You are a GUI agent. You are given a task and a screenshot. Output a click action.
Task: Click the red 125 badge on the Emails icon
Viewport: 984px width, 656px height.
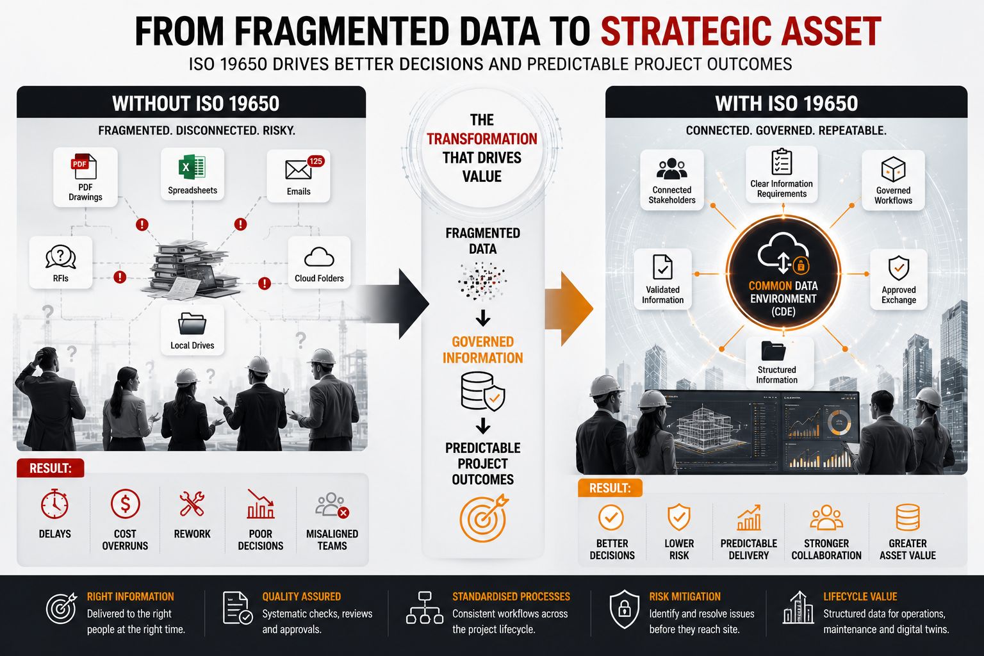pyautogui.click(x=316, y=161)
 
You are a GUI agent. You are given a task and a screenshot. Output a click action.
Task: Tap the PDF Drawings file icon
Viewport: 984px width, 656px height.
pyautogui.click(x=84, y=167)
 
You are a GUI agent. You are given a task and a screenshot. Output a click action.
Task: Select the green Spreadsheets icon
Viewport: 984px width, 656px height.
pyautogui.click(x=192, y=167)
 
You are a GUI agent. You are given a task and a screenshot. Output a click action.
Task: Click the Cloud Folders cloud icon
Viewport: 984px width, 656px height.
pyautogui.click(x=319, y=257)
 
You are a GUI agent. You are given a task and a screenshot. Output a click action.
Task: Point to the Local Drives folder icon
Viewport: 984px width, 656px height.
pyautogui.click(x=192, y=324)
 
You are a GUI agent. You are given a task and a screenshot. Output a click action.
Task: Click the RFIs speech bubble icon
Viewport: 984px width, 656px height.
pyautogui.click(x=61, y=257)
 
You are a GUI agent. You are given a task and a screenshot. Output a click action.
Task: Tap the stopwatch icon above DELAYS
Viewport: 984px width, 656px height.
pyautogui.click(x=54, y=504)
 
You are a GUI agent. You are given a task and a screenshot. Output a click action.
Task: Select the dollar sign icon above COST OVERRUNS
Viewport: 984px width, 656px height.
pyautogui.click(x=125, y=504)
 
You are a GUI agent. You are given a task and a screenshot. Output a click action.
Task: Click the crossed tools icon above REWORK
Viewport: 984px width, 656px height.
pyautogui.click(x=192, y=504)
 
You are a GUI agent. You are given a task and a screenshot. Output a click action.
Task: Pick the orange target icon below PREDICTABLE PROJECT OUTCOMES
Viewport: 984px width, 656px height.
pyautogui.click(x=483, y=518)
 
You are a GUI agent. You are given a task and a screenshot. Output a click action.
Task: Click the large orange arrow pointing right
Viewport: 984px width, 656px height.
pyautogui.click(x=569, y=309)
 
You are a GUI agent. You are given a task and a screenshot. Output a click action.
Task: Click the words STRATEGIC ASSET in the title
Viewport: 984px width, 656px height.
pyautogui.click(x=741, y=31)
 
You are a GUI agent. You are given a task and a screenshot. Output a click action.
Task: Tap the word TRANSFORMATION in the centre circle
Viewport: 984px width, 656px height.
pyautogui.click(x=482, y=139)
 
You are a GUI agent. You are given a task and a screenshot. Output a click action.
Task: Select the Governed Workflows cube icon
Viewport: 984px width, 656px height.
pyautogui.click(x=893, y=169)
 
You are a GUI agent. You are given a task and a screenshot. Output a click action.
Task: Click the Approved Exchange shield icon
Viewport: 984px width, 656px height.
pyautogui.click(x=899, y=268)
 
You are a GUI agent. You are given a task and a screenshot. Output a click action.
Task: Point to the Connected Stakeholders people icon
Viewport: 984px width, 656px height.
pyautogui.click(x=671, y=169)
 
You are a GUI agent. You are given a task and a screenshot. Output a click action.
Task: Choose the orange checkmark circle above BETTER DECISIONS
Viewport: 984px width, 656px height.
pyautogui.click(x=611, y=518)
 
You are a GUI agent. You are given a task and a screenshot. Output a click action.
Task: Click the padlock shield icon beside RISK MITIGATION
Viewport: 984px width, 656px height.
pyautogui.click(x=624, y=609)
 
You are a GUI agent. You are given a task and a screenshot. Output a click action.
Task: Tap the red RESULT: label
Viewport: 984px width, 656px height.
pyautogui.click(x=51, y=468)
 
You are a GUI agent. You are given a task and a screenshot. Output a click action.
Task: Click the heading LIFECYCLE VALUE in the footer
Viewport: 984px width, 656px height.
pyautogui.click(x=860, y=596)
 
